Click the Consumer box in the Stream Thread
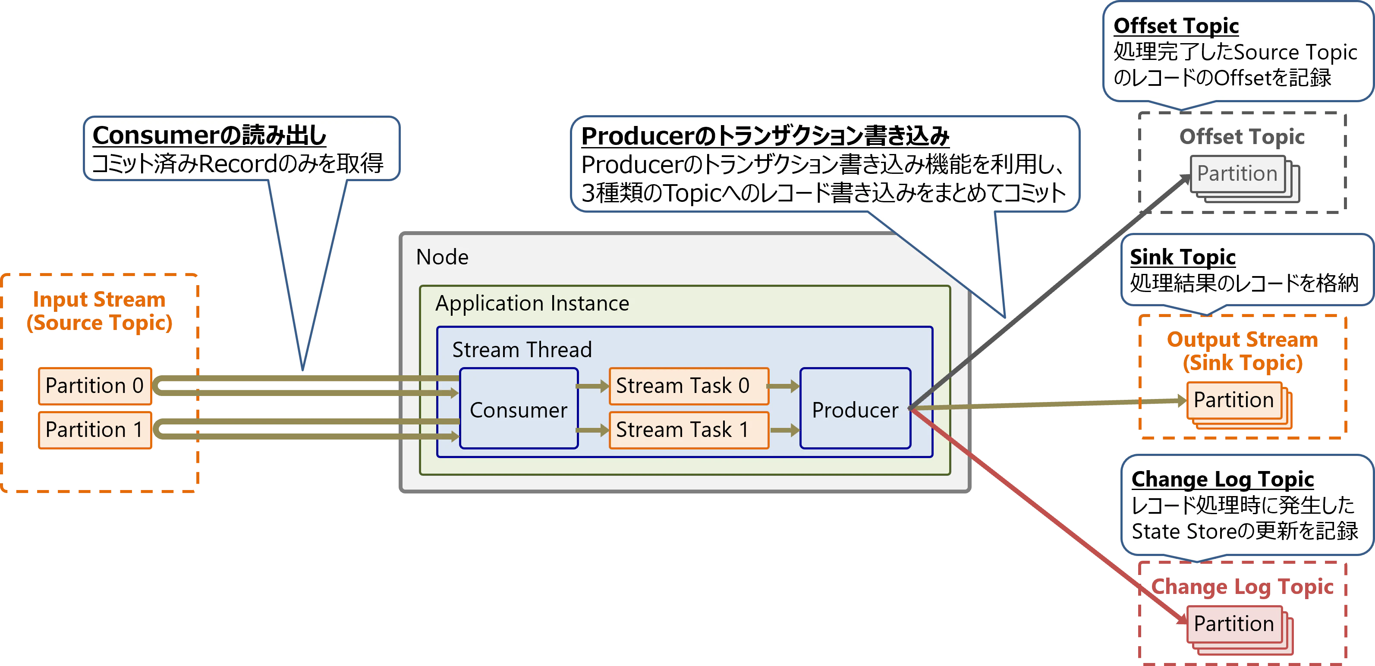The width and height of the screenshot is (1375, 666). coord(518,409)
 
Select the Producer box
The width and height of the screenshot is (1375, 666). coord(855,409)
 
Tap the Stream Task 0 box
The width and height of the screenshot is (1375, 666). coord(689,386)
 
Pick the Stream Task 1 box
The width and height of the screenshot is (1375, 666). coord(689,430)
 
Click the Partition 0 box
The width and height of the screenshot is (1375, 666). coord(95,386)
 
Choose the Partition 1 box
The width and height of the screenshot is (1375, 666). coord(95,430)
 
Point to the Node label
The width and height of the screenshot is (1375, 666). coord(442,257)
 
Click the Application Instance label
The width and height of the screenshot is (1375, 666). coord(532,303)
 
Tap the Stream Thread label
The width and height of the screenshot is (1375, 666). coord(522,349)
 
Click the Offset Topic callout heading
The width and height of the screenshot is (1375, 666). coord(1176,25)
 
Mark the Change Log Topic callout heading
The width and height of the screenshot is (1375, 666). coord(1222,479)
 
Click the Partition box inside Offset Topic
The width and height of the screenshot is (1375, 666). coord(1237,174)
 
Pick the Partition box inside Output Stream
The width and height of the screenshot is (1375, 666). coord(1233,400)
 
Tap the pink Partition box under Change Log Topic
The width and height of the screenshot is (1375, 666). coord(1233,624)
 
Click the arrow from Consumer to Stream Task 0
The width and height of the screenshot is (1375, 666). coord(592,386)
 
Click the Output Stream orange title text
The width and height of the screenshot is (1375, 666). coord(1242,351)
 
